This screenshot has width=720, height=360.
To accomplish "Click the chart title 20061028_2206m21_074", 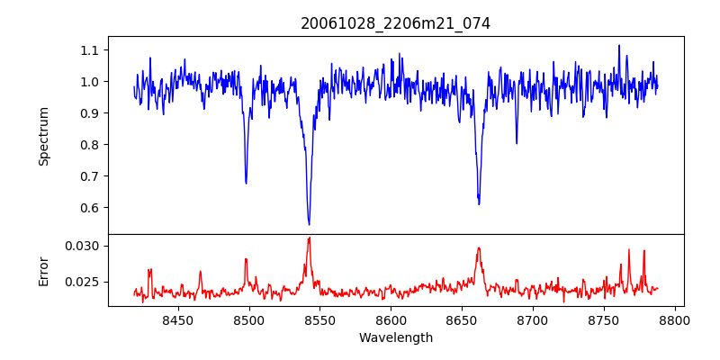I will pos(395,23).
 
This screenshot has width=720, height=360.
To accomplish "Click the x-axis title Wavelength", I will pos(395,337).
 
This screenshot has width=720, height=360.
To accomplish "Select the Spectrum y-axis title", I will pos(44,136).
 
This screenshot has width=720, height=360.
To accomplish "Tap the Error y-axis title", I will pos(44,270).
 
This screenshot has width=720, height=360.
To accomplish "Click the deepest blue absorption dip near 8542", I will pos(309,224).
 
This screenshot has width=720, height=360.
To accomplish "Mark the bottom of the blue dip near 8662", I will pos(479,203).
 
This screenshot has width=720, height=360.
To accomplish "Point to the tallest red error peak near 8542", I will pos(309,238).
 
